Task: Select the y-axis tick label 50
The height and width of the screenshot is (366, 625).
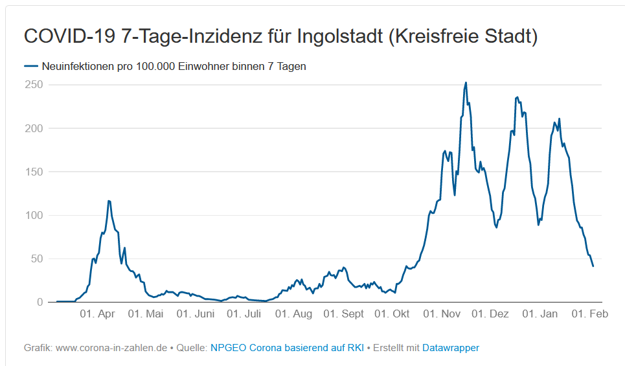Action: [36, 258]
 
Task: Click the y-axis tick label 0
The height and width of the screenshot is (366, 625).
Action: [40, 302]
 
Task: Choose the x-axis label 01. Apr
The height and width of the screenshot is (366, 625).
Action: [97, 314]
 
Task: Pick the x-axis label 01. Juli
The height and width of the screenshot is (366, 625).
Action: [244, 314]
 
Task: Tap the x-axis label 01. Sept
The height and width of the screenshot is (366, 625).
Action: [343, 314]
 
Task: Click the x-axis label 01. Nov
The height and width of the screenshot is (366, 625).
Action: [442, 314]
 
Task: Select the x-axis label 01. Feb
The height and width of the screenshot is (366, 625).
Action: [589, 314]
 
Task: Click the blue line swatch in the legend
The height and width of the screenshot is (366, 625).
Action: [32, 66]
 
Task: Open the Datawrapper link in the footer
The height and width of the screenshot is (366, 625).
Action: [451, 348]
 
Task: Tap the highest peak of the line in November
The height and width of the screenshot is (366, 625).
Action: [466, 83]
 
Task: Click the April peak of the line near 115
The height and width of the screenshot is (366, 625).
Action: [109, 201]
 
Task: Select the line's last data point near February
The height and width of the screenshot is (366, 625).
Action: [593, 266]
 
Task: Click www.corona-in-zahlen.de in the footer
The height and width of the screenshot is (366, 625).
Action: [111, 348]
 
